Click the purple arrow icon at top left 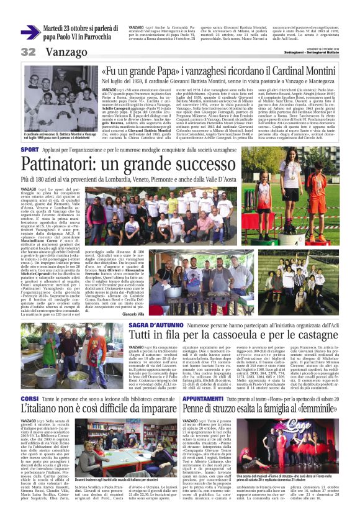point(30,32)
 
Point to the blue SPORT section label point(30,150)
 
